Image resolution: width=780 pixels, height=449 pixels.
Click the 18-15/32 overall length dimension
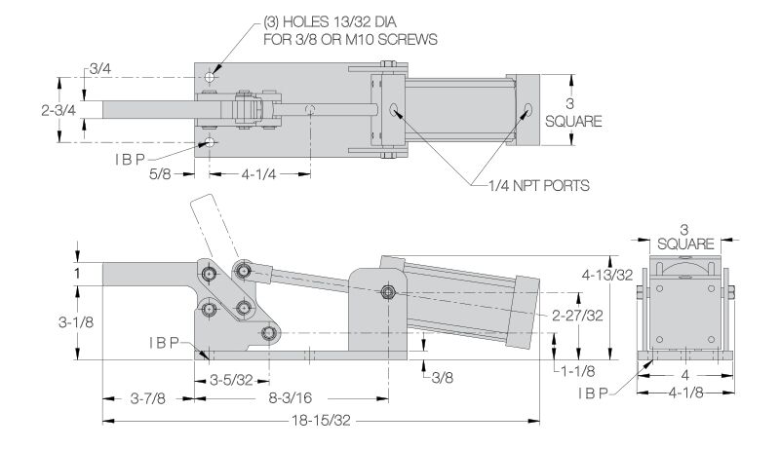pos(321,421)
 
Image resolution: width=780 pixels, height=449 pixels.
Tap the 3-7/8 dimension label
pos(148,397)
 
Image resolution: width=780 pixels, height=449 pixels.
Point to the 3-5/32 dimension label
pos(231,381)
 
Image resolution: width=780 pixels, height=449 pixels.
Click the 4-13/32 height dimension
pos(607,274)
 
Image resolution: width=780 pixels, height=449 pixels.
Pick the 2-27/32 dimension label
pos(577,315)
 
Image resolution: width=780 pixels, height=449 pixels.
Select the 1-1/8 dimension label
pos(577,371)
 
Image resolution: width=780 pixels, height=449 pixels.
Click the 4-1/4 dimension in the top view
pos(258,174)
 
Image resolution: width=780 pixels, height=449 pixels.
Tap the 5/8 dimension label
pos(160,173)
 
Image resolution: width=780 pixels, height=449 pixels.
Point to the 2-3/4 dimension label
pos(58,110)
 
